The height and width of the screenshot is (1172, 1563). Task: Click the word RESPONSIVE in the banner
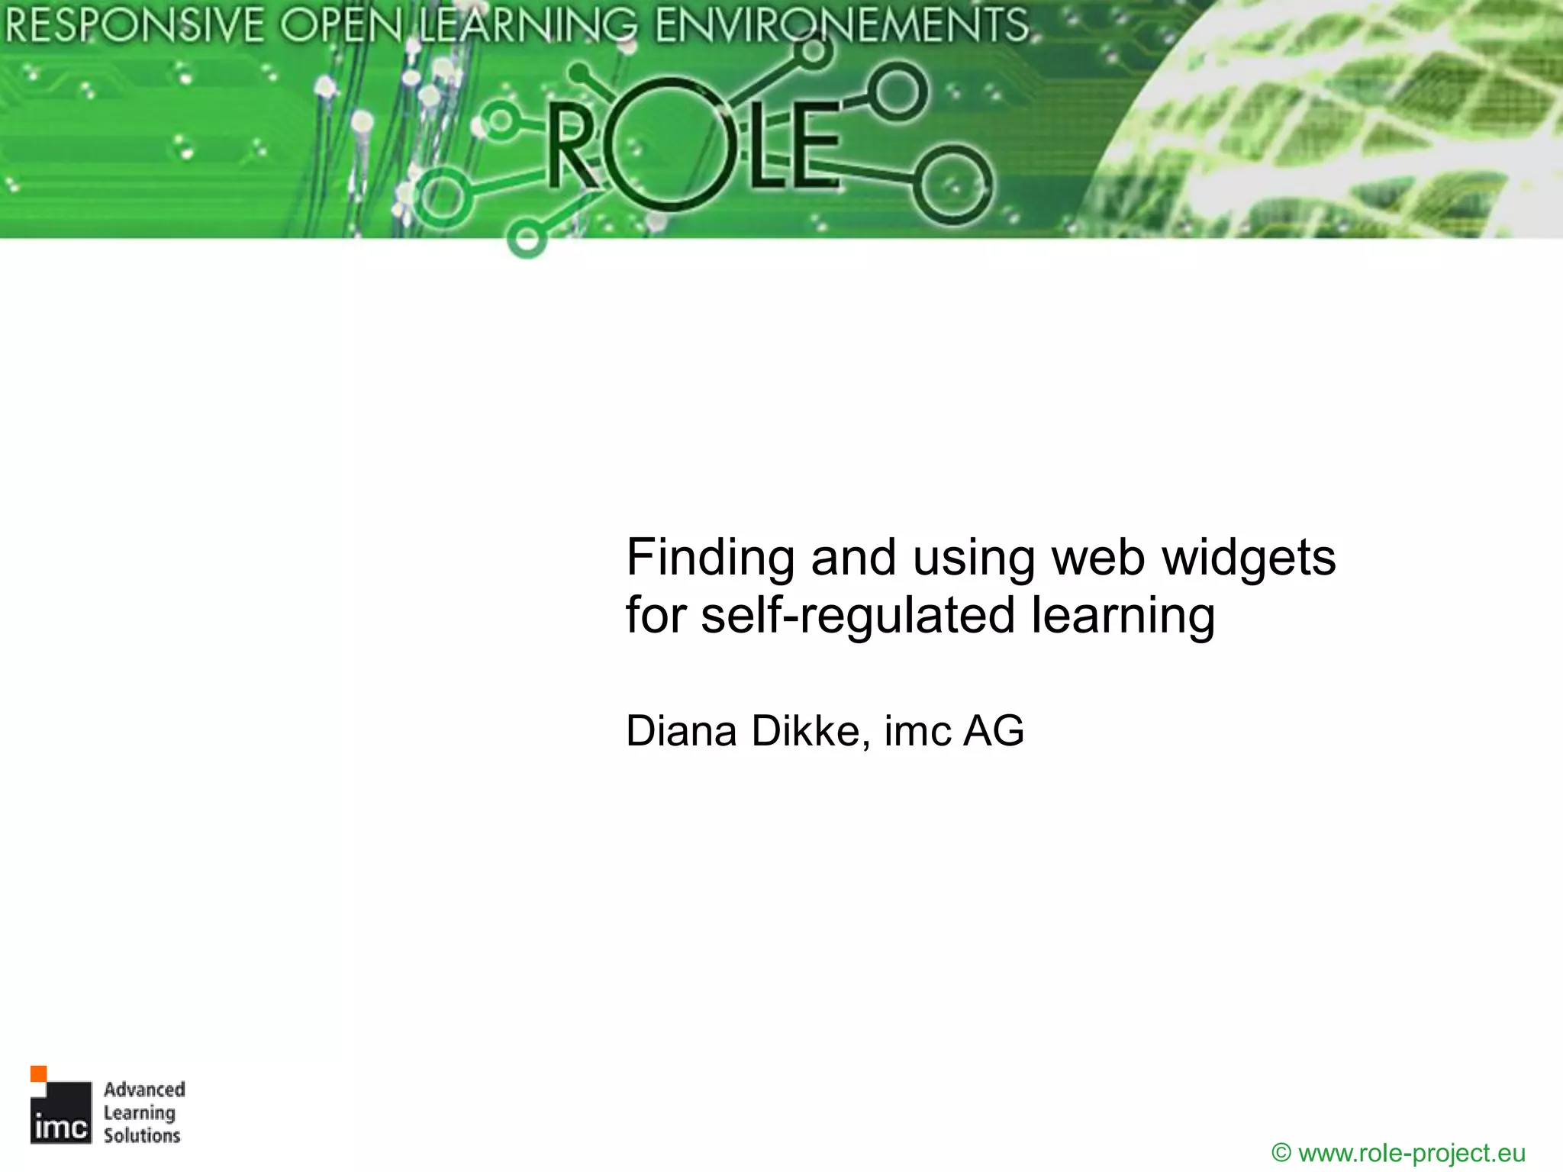pos(134,26)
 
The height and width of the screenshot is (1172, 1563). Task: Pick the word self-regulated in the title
pos(858,616)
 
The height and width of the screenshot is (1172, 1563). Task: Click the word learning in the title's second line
pos(1123,616)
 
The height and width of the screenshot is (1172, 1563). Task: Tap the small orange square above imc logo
pos(38,1074)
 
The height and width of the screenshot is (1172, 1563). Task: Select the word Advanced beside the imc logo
pos(144,1090)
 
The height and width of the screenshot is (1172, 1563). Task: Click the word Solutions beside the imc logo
pos(142,1135)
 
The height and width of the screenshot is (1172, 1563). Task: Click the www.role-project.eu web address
pos(1411,1152)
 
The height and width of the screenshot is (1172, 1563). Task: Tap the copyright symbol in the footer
pos(1281,1152)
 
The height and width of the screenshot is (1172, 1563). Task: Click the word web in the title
pos(1098,558)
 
